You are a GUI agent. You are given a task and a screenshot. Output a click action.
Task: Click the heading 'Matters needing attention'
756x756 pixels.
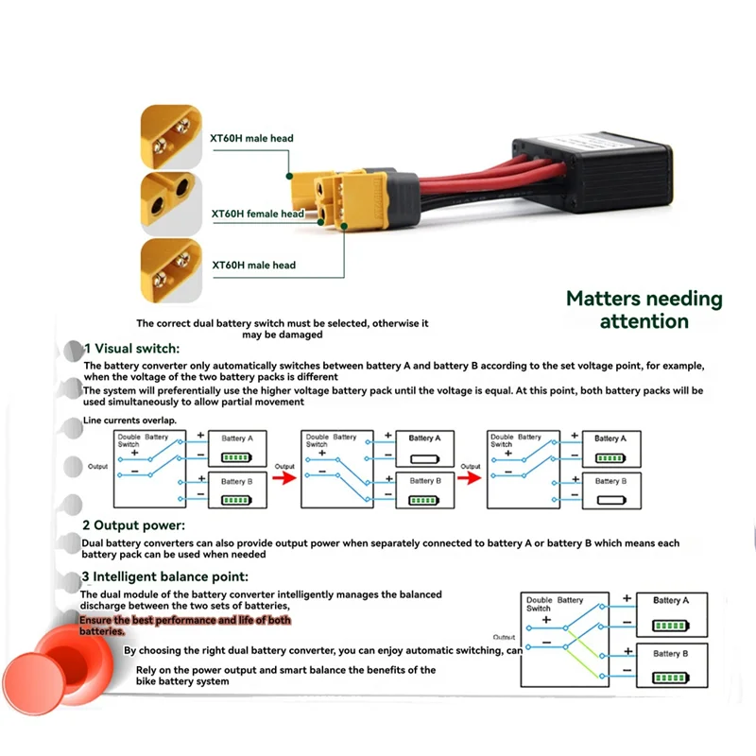pyautogui.click(x=644, y=310)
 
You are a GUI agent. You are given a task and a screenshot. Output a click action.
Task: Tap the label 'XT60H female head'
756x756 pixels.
pyautogui.click(x=257, y=214)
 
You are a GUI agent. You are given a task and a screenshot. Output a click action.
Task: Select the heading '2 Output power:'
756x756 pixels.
pyautogui.click(x=133, y=524)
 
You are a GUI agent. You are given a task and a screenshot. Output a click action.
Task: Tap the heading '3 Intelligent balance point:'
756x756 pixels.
pyautogui.click(x=165, y=576)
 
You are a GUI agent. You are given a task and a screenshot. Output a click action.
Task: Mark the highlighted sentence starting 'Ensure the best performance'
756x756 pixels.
pyautogui.click(x=184, y=625)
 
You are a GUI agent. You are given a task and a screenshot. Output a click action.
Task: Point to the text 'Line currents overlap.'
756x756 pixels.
pyautogui.click(x=129, y=420)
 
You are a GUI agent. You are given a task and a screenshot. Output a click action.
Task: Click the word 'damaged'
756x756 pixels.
pyautogui.click(x=301, y=335)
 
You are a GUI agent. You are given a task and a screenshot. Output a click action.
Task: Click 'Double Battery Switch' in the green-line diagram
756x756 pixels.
pyautogui.click(x=554, y=604)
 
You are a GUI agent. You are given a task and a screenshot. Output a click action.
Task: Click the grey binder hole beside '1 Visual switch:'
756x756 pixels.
pyautogui.click(x=73, y=351)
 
